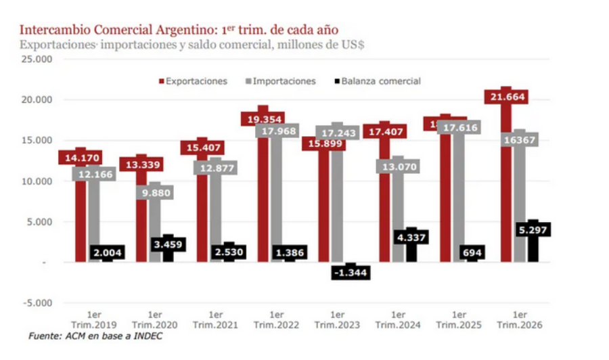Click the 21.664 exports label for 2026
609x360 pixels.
point(506,97)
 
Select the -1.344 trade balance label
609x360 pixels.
point(352,272)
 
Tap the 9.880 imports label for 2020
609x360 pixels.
point(156,193)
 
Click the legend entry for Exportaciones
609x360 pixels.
point(192,81)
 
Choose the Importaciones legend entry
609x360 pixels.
point(284,81)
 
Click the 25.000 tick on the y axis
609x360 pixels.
point(39,59)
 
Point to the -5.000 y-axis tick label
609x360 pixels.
point(39,302)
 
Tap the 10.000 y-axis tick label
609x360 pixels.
point(39,181)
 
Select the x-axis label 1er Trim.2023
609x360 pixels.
point(338,319)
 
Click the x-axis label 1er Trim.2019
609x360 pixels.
point(95,319)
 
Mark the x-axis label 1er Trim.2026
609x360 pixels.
point(520,319)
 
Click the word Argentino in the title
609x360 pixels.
point(168,30)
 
